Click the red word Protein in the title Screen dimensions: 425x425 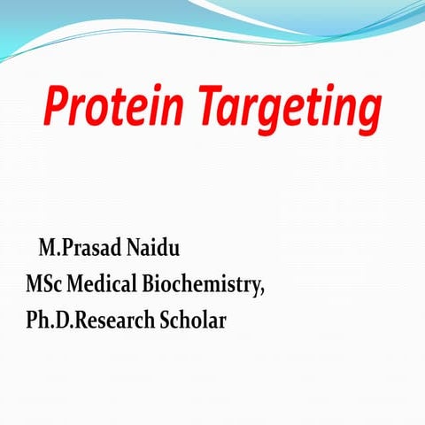click(x=112, y=109)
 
